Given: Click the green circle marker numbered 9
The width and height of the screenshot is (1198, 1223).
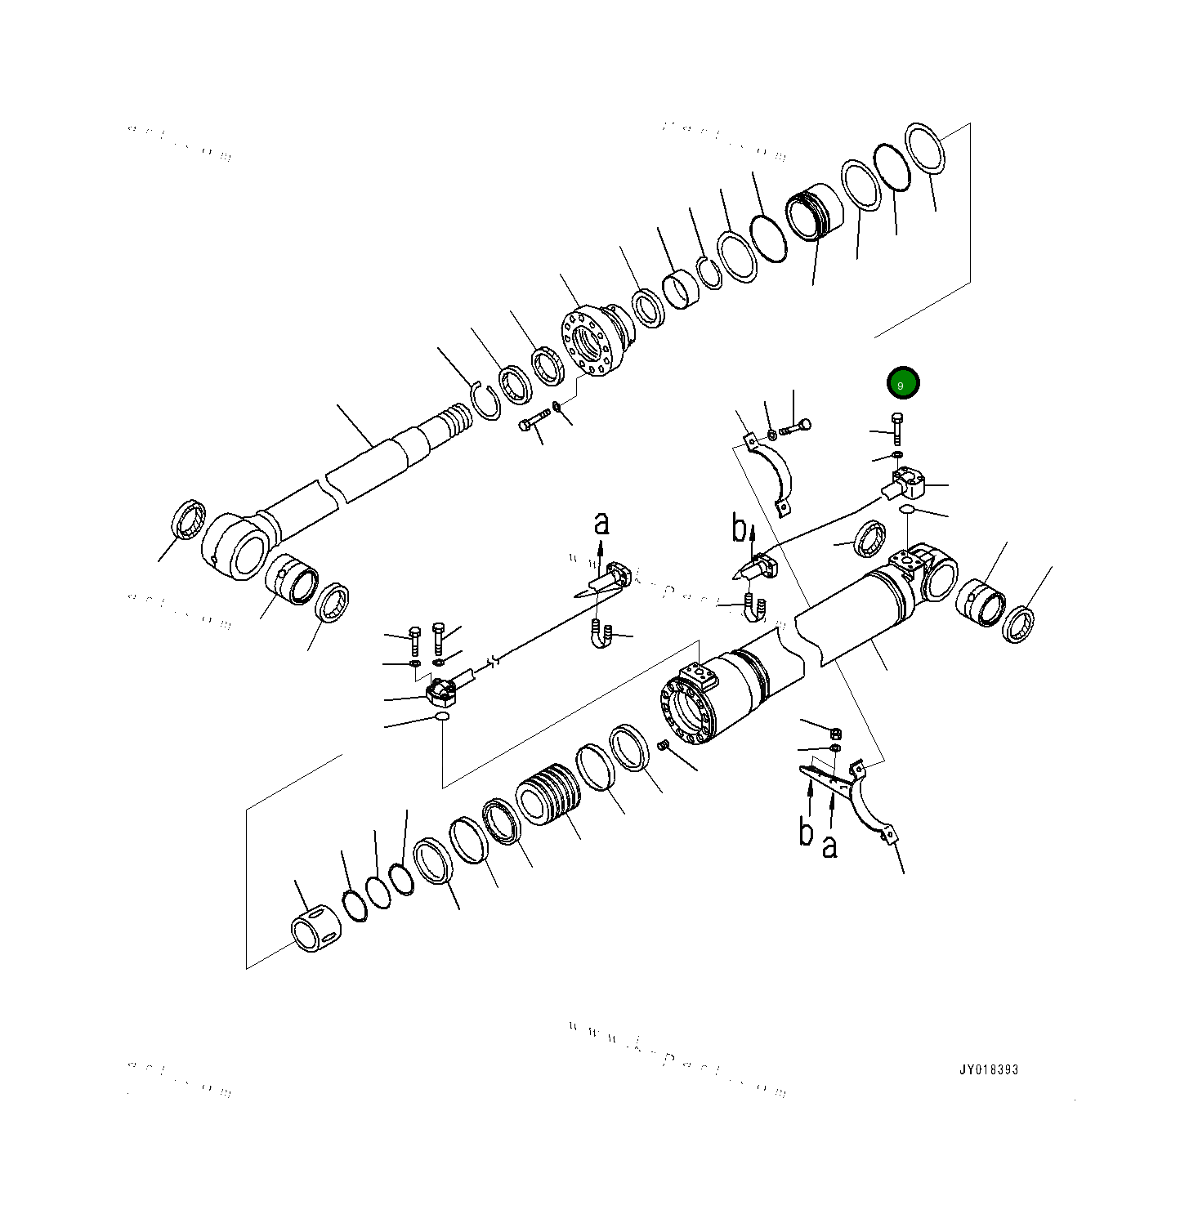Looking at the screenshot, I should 903,383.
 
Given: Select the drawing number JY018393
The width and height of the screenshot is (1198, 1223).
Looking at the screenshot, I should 989,1069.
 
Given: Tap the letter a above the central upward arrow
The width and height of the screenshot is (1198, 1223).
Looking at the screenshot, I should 601,523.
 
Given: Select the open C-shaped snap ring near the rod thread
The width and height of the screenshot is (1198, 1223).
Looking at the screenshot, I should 487,401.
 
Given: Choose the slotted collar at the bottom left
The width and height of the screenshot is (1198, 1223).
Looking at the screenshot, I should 315,929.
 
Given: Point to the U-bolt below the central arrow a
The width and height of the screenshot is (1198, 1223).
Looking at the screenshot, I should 601,634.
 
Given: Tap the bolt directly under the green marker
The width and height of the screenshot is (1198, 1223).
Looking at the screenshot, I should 897,429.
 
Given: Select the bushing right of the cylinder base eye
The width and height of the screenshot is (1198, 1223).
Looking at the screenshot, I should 980,603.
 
